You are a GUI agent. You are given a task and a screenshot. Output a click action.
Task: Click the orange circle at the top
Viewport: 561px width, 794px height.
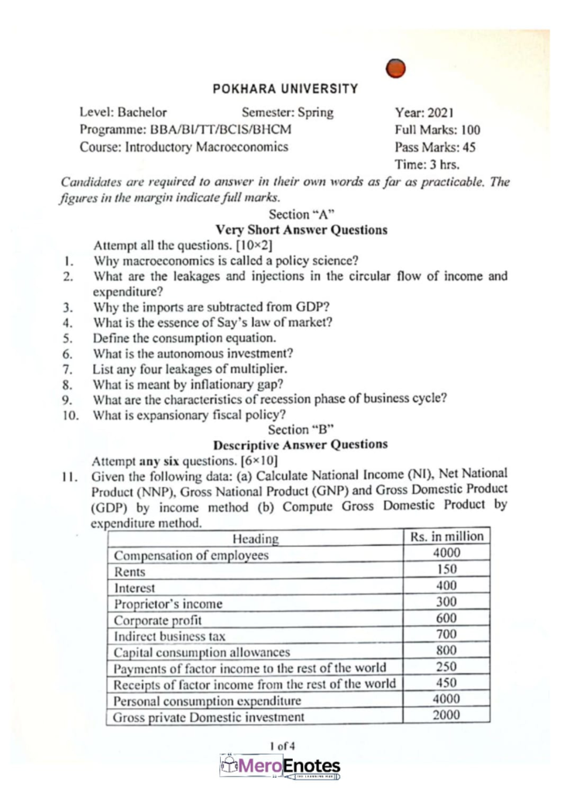[395, 69]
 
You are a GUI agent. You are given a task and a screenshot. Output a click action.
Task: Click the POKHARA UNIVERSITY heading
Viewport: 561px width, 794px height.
[285, 89]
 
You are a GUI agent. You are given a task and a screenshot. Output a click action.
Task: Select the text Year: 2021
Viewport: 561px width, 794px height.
[426, 112]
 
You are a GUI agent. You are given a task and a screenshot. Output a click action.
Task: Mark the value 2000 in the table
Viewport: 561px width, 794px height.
[447, 715]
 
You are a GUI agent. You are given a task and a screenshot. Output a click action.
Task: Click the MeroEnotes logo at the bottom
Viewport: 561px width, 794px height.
[280, 768]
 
